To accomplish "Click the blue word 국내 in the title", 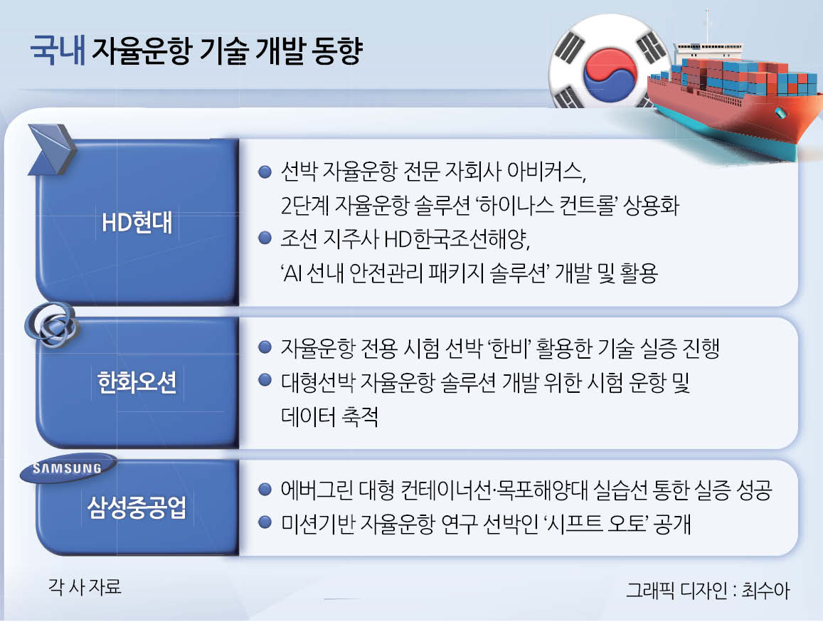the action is click(58, 51).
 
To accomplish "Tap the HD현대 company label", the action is click(137, 222).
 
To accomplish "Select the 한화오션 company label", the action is click(137, 382).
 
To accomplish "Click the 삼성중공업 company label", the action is click(137, 507).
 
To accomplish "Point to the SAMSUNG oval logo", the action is click(67, 468).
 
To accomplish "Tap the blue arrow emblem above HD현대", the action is click(51, 149).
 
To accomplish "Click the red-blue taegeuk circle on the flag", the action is click(609, 76).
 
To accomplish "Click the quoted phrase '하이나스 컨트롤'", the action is click(544, 204).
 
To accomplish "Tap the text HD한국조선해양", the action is click(456, 239).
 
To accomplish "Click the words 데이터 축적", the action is click(329, 416).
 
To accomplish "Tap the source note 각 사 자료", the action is click(85, 586).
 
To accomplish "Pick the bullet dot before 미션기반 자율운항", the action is click(265, 522).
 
